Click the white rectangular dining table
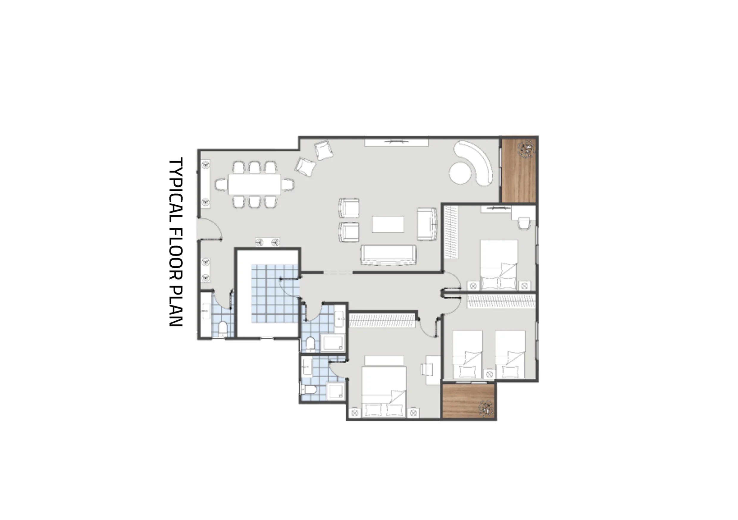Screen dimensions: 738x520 (254, 184)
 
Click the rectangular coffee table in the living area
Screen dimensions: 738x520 (388, 224)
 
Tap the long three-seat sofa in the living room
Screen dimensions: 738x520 (388, 255)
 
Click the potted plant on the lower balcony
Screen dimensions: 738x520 (486, 408)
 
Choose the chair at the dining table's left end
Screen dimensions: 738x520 (221, 184)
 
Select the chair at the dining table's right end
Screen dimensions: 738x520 (287, 184)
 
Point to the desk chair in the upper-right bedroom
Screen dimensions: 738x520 (524, 223)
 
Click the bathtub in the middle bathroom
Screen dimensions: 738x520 (333, 343)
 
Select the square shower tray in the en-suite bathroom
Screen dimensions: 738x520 (336, 391)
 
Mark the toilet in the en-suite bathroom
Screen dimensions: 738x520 (309, 390)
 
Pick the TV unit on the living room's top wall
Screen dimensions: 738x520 (396, 142)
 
